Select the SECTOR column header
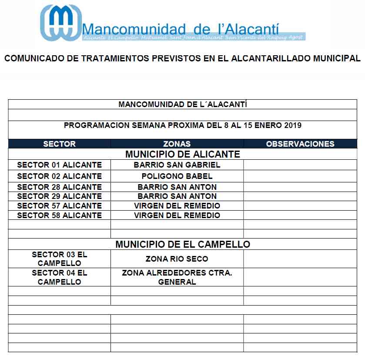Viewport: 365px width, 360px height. click(x=59, y=144)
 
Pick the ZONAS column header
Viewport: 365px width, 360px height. click(x=177, y=144)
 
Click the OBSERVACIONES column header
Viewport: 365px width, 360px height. click(x=300, y=144)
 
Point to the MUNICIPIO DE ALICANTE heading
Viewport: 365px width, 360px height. click(x=182, y=155)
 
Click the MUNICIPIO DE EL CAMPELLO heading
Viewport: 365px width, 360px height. click(x=182, y=245)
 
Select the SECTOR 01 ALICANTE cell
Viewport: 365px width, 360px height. click(x=59, y=165)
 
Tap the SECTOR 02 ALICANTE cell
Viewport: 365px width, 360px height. click(x=59, y=176)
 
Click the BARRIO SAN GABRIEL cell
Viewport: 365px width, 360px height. click(x=177, y=165)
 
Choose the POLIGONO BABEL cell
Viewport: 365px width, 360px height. click(x=177, y=176)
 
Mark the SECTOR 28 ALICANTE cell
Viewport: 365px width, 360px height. click(x=59, y=187)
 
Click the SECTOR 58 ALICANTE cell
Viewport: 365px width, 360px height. click(x=59, y=215)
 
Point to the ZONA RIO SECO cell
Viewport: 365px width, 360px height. click(x=177, y=259)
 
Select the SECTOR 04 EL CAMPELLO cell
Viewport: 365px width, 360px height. click(x=59, y=277)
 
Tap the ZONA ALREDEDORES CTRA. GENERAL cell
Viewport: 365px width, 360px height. click(x=177, y=277)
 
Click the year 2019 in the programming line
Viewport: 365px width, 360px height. click(x=292, y=125)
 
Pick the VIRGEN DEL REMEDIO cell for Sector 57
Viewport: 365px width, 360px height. click(x=177, y=205)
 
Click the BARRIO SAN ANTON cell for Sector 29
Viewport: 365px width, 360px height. click(x=177, y=196)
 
